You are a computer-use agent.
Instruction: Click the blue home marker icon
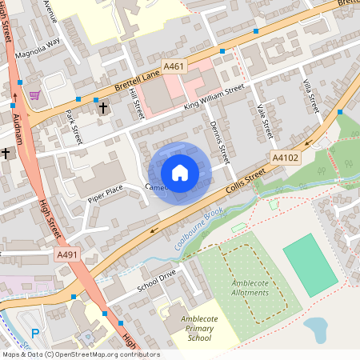click(x=180, y=172)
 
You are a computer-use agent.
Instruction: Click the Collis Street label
click(x=247, y=183)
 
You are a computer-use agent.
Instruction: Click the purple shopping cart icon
click(x=34, y=94)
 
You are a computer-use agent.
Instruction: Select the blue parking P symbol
click(x=34, y=333)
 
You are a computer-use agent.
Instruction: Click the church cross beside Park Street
click(x=102, y=107)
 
